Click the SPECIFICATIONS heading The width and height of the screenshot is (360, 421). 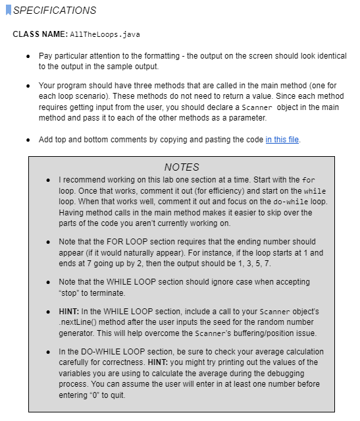coord(55,11)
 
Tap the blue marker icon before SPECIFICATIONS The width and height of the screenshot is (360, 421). coord(9,11)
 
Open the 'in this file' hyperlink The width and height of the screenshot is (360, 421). coord(282,140)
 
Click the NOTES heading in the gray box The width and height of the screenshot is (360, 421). coord(181,167)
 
